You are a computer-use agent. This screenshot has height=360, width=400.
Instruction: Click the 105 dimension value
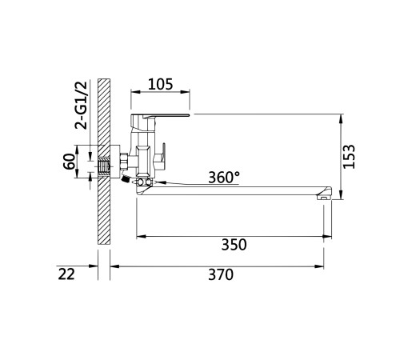[x=161, y=84]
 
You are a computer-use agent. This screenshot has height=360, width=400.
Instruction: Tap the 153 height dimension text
[x=349, y=157]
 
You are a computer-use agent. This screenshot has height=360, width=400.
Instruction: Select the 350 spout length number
[x=234, y=245]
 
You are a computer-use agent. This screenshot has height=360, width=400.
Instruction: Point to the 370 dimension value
[x=221, y=274]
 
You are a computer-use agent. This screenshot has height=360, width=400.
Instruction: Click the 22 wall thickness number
[x=66, y=274]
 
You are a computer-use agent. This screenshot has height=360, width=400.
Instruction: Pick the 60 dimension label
[x=70, y=162]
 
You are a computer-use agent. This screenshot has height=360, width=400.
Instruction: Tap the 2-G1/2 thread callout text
[x=81, y=105]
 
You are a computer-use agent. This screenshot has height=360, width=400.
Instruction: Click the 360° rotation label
[x=224, y=178]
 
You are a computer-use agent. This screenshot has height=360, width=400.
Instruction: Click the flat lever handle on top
[x=160, y=116]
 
